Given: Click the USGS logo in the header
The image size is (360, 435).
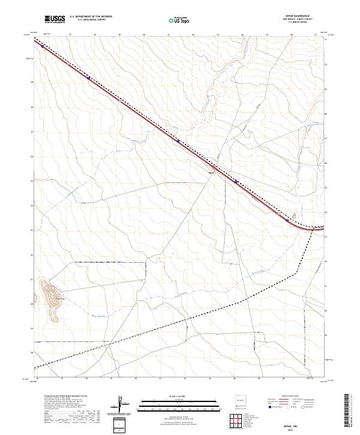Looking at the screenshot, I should (55, 19).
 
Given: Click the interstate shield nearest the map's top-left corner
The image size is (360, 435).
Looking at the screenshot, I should (43, 46).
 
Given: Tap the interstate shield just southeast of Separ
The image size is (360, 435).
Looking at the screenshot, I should (236, 182).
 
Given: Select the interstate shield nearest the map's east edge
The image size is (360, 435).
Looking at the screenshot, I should (287, 220).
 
